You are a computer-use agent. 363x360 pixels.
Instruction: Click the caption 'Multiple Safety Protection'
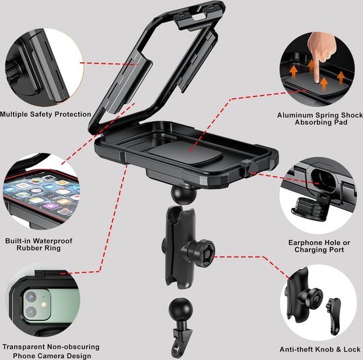pos(46,114)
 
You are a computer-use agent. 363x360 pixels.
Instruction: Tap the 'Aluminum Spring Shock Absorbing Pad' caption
pos(320,119)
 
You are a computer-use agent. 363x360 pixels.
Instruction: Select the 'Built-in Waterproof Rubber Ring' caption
pos(39,245)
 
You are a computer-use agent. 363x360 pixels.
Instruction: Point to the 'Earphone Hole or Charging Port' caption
pos(319,246)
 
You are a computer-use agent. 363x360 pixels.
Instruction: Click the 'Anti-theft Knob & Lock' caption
pos(320,349)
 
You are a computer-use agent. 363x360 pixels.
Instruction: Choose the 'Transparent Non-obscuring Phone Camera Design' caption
pos(51,351)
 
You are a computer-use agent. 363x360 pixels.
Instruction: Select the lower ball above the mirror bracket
pos(181,310)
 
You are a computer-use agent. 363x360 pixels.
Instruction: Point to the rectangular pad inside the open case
pos(186,153)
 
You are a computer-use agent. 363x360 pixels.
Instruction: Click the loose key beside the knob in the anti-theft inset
pos(333,315)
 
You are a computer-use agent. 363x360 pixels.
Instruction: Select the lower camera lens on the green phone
pos(31,313)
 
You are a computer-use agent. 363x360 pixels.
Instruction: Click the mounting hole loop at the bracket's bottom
pos(177,351)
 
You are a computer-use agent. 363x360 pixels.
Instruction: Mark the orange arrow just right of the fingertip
pos(324,84)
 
